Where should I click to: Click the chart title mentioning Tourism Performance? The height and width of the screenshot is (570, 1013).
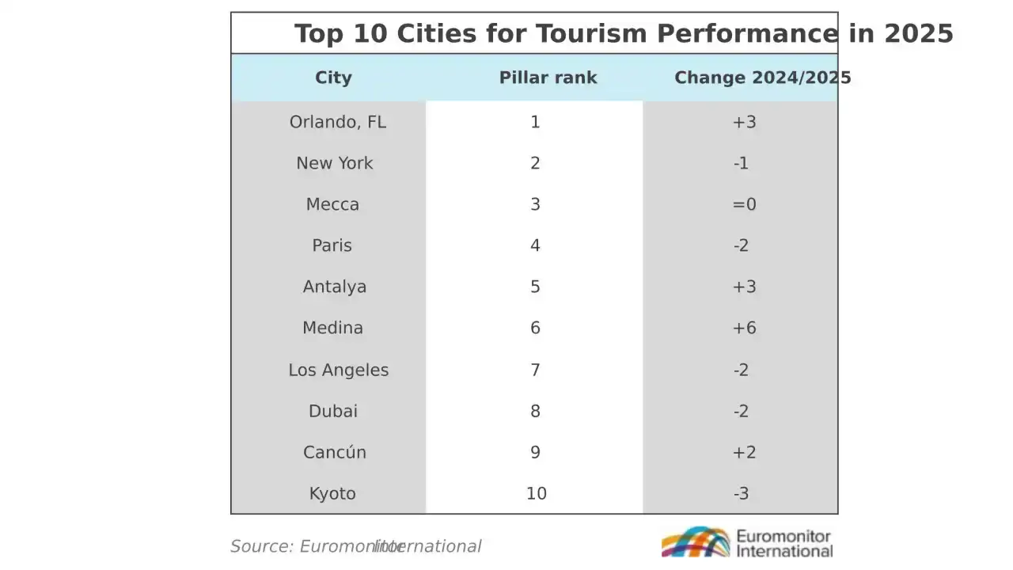[x=624, y=34]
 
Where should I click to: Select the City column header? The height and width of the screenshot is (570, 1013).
[x=333, y=78]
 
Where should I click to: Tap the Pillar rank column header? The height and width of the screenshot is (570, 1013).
[x=548, y=78]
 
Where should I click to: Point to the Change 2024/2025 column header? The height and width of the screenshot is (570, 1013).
[x=763, y=78]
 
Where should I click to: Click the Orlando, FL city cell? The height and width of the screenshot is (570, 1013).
[x=338, y=122]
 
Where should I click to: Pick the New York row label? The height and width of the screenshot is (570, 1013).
[x=335, y=163]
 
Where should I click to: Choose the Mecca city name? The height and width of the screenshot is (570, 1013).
[x=333, y=204]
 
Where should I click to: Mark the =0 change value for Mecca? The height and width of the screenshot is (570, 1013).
[x=745, y=204]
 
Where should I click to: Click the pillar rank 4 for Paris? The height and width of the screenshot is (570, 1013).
[x=535, y=245]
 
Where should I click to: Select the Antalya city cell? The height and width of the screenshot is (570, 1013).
[x=335, y=287]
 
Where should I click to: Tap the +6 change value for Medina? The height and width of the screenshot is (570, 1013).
[x=745, y=328]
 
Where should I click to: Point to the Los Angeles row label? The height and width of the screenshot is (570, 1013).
[x=339, y=370]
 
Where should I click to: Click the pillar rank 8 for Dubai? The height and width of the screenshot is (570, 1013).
[x=535, y=411]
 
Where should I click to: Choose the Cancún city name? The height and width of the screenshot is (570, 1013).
[x=335, y=452]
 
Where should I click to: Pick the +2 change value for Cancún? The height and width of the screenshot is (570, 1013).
[x=745, y=452]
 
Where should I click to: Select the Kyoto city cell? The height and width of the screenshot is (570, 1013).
[x=333, y=493]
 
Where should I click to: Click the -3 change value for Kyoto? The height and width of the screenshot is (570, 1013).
[x=742, y=493]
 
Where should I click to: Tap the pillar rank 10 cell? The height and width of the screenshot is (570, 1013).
[x=537, y=493]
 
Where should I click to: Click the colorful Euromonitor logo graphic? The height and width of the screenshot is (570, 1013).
[x=696, y=541]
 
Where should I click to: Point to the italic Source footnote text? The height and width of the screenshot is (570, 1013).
[x=356, y=546]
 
